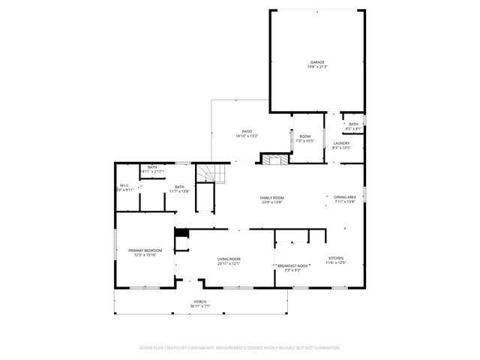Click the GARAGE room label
[x=318, y=62]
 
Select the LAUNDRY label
[x=342, y=142]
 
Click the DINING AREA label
[x=345, y=196]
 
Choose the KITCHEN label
[x=336, y=258]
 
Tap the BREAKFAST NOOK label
[x=293, y=265]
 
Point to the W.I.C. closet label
[x=125, y=185]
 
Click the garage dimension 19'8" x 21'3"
[x=318, y=67]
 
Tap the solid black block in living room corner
[x=180, y=232]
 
